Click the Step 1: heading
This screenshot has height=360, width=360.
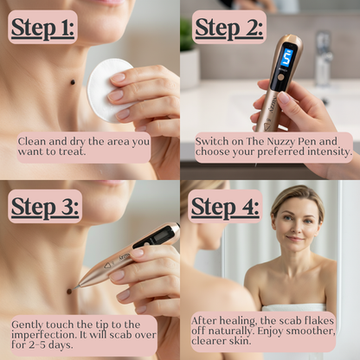(42, 28)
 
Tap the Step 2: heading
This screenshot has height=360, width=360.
(229, 28)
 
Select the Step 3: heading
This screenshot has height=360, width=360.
(45, 207)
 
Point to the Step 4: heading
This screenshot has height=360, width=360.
(225, 207)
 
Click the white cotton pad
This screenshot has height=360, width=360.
(106, 89)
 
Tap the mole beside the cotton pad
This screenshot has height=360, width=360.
(73, 82)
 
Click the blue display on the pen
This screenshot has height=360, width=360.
(287, 59)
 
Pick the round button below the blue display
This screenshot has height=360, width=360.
(280, 77)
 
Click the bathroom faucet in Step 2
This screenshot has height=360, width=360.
(322, 59)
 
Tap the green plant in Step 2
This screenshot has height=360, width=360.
(187, 35)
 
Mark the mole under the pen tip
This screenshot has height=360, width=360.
(69, 292)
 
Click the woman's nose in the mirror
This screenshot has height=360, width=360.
(296, 228)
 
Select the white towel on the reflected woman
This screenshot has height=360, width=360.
(294, 307)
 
